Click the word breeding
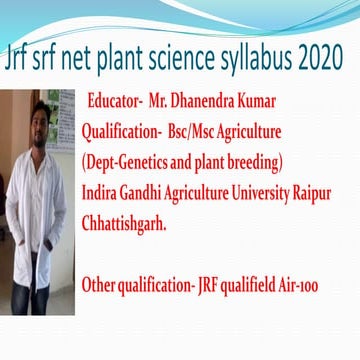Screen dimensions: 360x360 [x=251, y=162]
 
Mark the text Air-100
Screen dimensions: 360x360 [x=297, y=285]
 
